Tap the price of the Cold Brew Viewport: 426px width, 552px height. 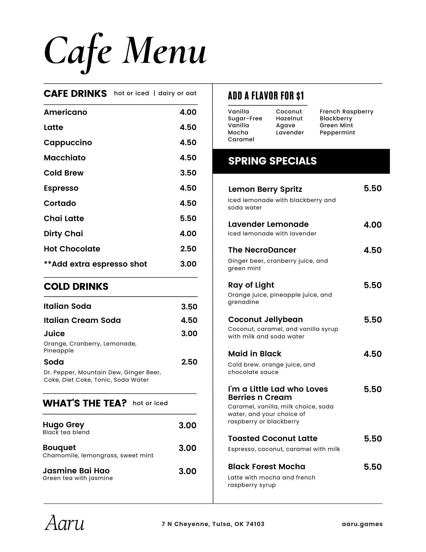coord(188,173)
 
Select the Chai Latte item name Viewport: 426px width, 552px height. coord(64,219)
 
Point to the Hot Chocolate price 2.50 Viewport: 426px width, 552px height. coord(188,249)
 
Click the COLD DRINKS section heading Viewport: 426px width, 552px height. coord(76,286)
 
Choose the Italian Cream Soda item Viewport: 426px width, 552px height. coord(82,320)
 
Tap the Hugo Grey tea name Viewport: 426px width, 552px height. coord(63,424)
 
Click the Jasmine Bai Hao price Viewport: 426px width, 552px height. coord(187,471)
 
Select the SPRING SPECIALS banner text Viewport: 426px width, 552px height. coord(272,161)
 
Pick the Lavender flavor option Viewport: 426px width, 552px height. coord(290,132)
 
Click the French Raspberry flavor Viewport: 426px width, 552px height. coord(346,112)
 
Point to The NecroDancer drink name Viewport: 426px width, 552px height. coord(262,250)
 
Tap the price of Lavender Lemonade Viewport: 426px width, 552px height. coord(373,225)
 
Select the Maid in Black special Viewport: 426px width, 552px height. coord(254,354)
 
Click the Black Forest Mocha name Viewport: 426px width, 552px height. coord(266,467)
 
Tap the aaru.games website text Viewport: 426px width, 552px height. coord(362,524)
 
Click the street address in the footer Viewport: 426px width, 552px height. coord(213,524)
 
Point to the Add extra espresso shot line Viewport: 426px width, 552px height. coord(95,264)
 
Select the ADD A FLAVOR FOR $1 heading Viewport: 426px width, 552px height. coord(266,96)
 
